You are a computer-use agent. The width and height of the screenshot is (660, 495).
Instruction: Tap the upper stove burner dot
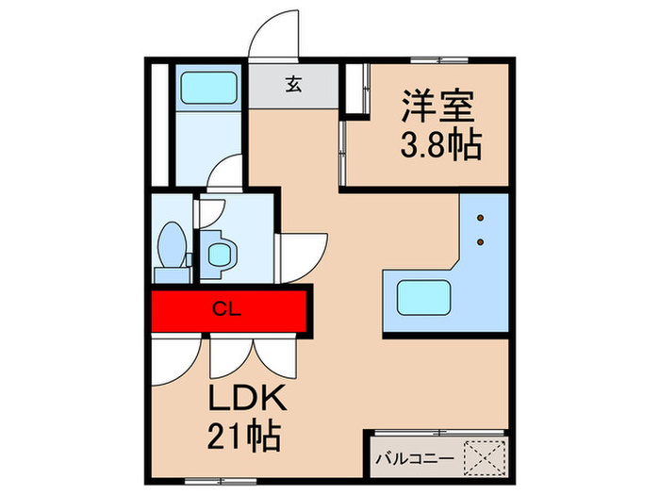click(482, 218)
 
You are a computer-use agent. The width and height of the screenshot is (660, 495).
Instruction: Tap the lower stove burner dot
click(482, 242)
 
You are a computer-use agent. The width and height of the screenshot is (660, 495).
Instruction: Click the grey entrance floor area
click(293, 86)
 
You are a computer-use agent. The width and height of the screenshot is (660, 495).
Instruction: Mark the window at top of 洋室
click(439, 61)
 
